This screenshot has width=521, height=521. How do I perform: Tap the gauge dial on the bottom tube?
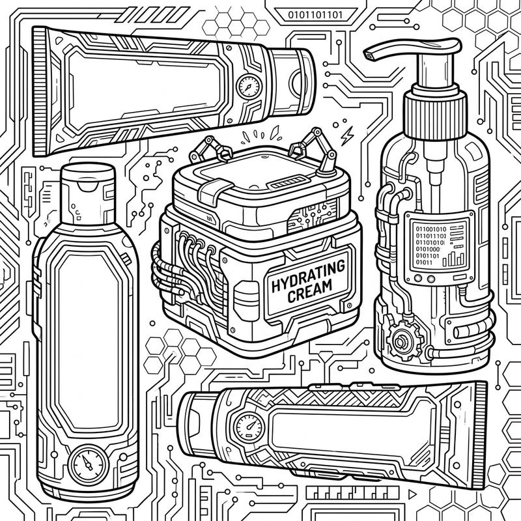247,427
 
